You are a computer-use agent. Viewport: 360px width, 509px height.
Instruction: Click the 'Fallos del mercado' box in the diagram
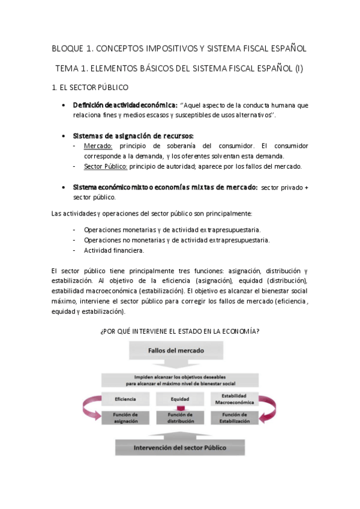tap(180, 350)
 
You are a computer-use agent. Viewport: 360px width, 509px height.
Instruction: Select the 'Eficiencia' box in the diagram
tap(126, 399)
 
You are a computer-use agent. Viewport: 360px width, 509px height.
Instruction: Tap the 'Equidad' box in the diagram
tap(180, 399)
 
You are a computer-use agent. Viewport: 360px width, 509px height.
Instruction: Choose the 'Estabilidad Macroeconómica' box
tap(234, 399)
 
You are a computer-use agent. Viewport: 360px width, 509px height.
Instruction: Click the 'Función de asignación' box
tap(126, 418)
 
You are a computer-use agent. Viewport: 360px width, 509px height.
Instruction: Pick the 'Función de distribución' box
tap(180, 418)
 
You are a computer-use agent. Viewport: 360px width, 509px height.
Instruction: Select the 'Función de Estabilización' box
tap(234, 418)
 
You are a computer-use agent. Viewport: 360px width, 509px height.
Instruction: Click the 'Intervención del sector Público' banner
tap(180, 447)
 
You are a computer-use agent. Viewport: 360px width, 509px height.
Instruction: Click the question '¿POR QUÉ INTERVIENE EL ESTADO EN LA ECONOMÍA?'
tap(180, 331)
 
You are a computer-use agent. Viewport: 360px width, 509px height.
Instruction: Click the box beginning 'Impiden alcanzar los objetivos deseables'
tap(180, 379)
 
